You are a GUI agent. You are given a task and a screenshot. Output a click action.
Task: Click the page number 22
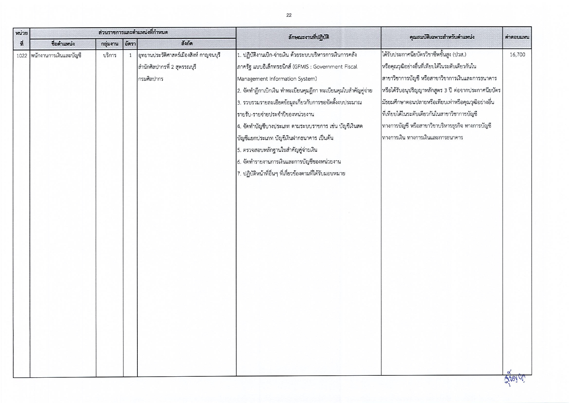(x=289, y=15)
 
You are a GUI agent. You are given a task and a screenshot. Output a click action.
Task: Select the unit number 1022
(x=22, y=55)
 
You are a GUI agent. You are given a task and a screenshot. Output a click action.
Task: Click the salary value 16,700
(x=517, y=55)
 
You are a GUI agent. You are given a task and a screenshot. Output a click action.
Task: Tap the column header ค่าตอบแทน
(x=517, y=37)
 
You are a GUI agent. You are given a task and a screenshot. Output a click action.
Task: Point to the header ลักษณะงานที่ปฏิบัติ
(x=309, y=37)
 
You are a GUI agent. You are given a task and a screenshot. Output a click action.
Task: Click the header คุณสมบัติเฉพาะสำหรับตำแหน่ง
(x=442, y=37)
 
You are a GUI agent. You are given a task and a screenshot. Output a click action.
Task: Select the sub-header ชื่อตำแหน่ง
(x=63, y=44)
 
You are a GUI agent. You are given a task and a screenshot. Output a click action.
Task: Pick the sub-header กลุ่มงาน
(x=109, y=44)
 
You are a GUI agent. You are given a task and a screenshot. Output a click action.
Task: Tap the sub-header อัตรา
(x=130, y=44)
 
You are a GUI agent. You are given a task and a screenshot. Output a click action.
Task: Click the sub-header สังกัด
(x=187, y=43)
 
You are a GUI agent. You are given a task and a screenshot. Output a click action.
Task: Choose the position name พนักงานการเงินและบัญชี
(x=56, y=55)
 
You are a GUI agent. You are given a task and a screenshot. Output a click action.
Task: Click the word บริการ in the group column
(x=109, y=55)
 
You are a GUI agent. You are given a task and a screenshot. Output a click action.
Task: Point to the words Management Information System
(x=277, y=79)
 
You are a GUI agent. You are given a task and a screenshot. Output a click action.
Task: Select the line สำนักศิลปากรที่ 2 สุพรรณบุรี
(x=167, y=67)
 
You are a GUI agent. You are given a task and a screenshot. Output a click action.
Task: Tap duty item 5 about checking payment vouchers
(x=277, y=150)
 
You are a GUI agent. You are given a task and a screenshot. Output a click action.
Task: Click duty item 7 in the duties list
(x=291, y=174)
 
